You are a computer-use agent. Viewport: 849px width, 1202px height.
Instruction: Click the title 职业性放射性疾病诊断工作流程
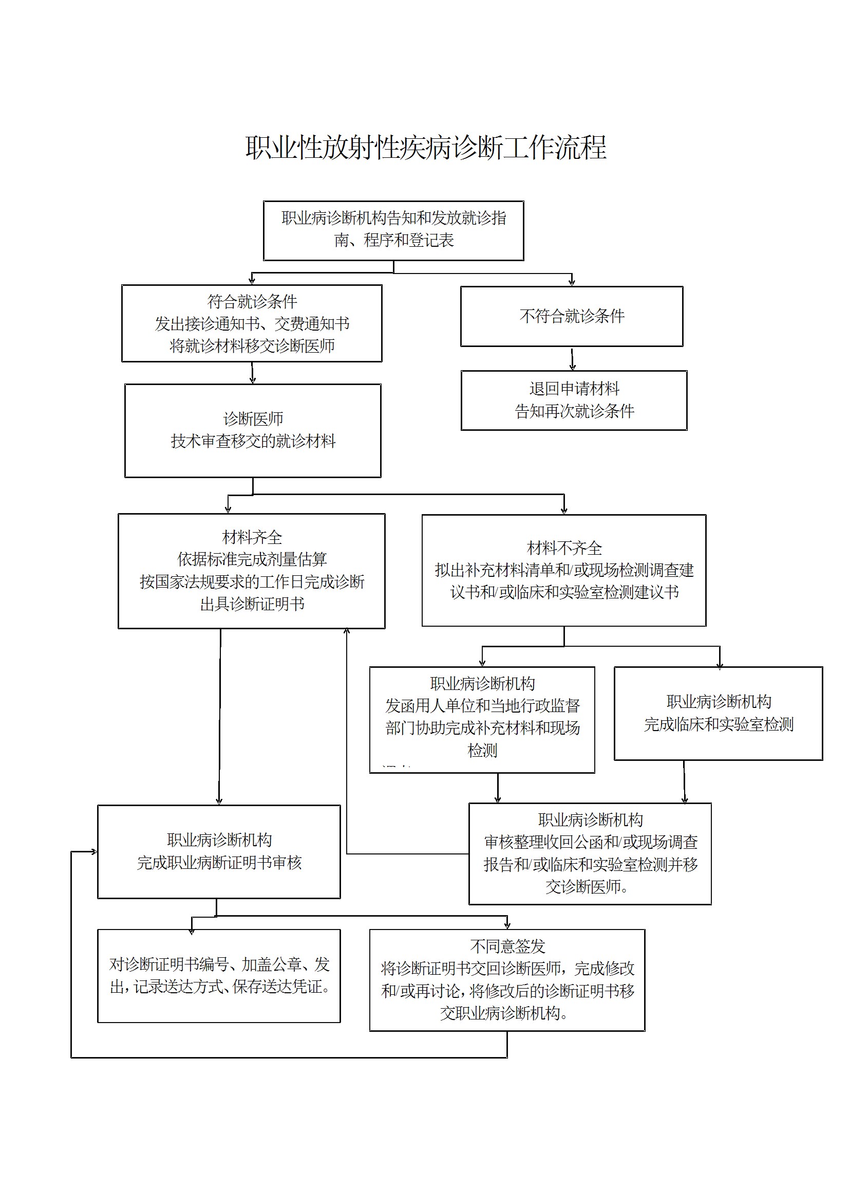tap(426, 148)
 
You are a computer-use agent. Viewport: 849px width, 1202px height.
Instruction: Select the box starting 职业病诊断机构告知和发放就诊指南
tap(393, 230)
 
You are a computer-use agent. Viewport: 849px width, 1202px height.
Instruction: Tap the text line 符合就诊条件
tap(252, 302)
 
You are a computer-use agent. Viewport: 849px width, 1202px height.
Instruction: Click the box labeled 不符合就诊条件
tap(572, 316)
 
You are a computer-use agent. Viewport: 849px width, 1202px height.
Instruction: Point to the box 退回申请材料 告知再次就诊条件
tap(574, 400)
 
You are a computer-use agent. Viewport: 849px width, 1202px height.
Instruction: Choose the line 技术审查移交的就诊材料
tap(253, 441)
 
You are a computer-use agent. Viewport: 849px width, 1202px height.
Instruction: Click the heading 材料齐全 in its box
tap(252, 537)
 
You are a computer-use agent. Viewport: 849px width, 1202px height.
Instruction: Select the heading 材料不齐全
tap(564, 548)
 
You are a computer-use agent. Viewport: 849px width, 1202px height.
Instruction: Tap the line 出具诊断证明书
tap(252, 604)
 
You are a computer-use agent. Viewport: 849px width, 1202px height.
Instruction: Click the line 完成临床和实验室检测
tap(719, 724)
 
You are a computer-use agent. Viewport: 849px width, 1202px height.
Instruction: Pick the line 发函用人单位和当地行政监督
tap(482, 706)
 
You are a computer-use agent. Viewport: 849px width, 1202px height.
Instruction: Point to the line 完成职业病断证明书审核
tap(219, 863)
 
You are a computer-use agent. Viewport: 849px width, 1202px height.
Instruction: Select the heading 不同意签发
tap(507, 946)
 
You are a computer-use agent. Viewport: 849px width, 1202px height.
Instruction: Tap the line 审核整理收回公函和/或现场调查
tap(591, 842)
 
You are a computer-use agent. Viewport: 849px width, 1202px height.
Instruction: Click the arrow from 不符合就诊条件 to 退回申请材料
tap(573, 359)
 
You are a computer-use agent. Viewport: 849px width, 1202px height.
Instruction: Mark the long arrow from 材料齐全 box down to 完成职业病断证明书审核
tap(220, 717)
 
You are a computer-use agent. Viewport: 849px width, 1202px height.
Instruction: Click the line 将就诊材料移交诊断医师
tap(252, 346)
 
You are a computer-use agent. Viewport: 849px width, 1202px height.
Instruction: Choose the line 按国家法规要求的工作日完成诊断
tap(252, 581)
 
